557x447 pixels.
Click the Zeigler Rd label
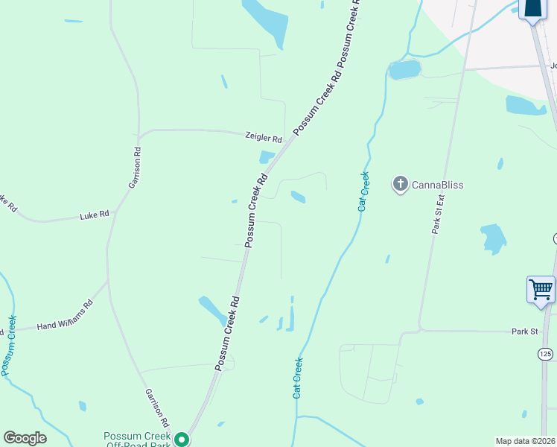[264, 139]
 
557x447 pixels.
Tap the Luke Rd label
[95, 215]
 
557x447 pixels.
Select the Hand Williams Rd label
[66, 314]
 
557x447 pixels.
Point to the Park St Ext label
[439, 215]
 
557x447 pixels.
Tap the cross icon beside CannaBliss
[400, 183]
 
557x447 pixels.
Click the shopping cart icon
[541, 288]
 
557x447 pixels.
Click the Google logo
[25, 438]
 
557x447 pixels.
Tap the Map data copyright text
[526, 441]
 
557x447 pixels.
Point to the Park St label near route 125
[524, 332]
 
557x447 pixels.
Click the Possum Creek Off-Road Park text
[138, 440]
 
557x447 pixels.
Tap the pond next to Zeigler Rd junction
[266, 157]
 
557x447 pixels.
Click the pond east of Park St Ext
[493, 238]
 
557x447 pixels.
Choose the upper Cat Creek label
[363, 191]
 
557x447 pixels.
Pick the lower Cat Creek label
[298, 378]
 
